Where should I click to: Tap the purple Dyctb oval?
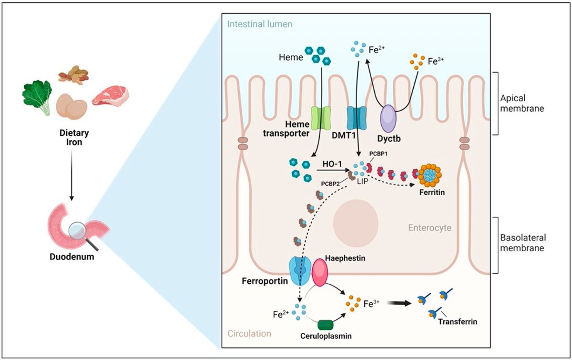(x=388, y=119)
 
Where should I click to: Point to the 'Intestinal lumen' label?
(x=260, y=23)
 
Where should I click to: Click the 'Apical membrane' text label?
(x=522, y=102)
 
